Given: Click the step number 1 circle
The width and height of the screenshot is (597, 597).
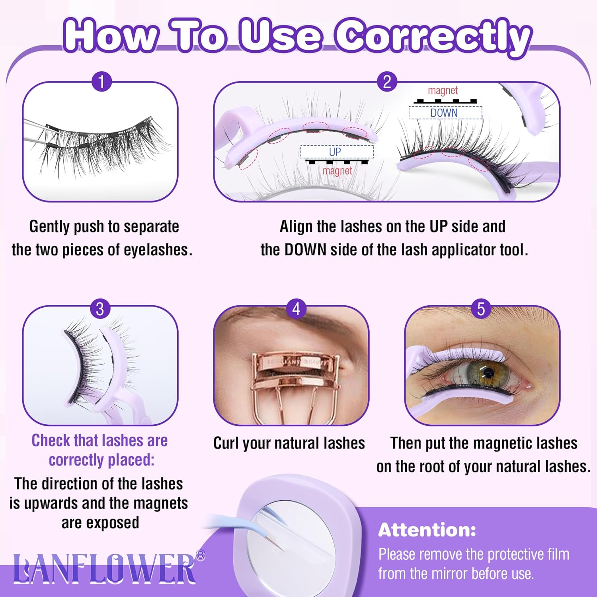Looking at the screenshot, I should pos(101,82).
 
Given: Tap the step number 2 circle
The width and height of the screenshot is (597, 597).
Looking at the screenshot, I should pos(387,82).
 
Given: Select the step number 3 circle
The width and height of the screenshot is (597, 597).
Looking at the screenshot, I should pos(100,309).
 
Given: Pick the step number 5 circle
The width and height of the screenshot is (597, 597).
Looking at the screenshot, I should pos(481,309).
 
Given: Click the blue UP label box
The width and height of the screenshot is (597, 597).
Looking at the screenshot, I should pos(337,152).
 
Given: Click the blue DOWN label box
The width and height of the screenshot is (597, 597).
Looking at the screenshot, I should pos(445,113).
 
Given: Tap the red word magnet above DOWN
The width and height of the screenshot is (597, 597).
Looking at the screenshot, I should pos(443,91).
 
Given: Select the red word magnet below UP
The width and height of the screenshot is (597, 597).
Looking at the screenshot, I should pos(337,171).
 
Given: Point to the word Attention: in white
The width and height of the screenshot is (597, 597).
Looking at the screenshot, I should pos(427,530).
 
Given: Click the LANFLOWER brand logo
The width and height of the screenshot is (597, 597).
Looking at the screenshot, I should pos(104,568).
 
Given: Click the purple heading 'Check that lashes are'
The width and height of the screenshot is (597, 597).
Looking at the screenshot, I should pos(99,441).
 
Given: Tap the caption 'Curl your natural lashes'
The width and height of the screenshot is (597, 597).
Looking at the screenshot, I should pos(289,443).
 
